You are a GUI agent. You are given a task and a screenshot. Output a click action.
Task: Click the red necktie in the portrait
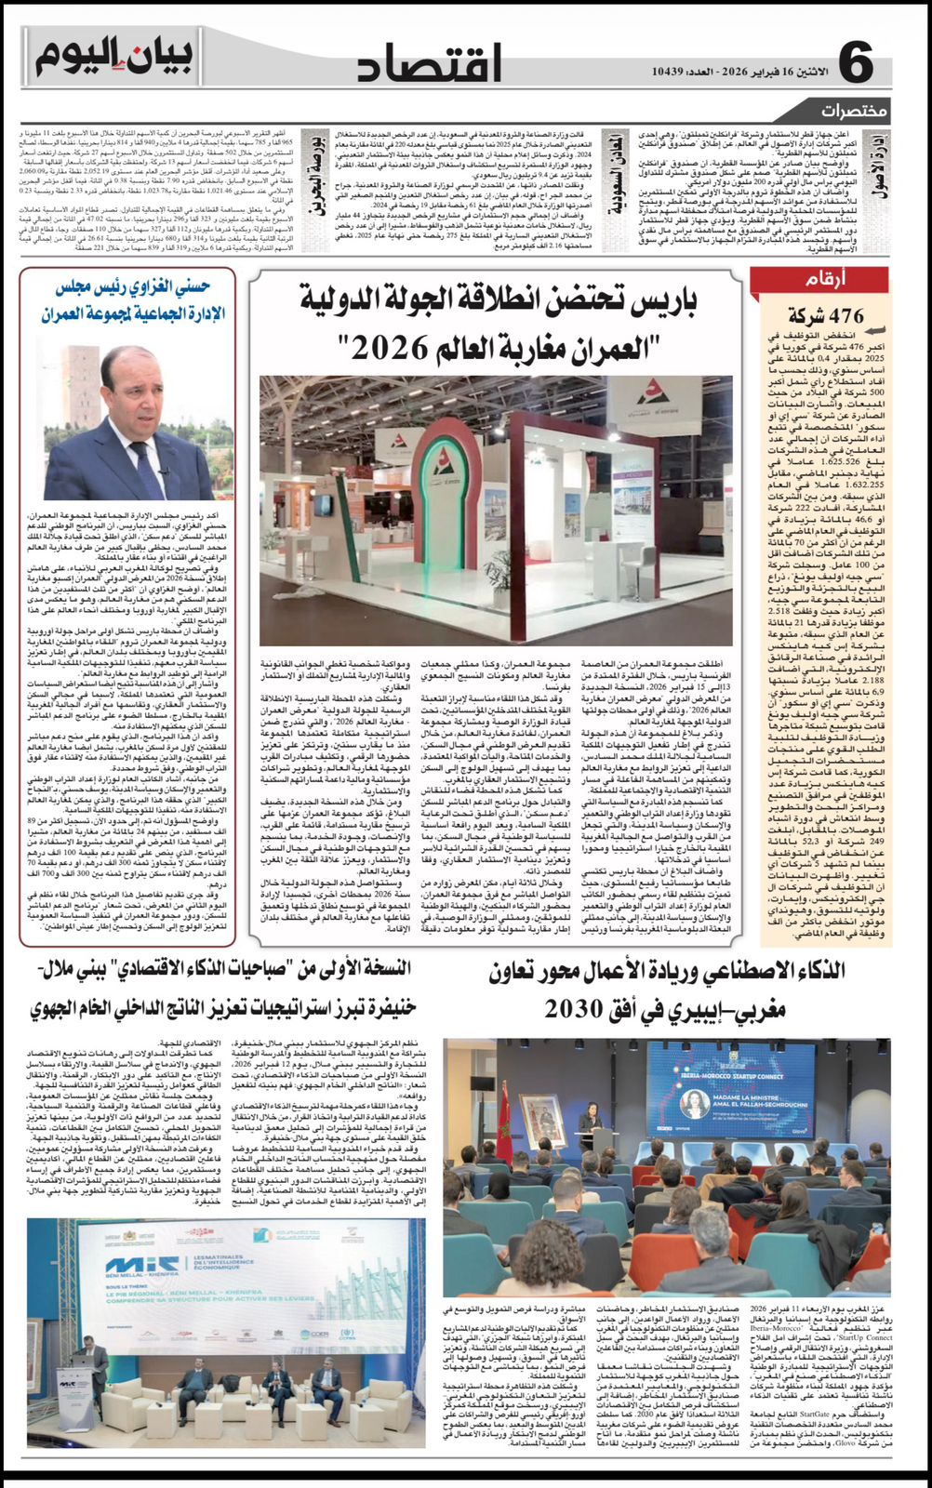(x=142, y=460)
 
